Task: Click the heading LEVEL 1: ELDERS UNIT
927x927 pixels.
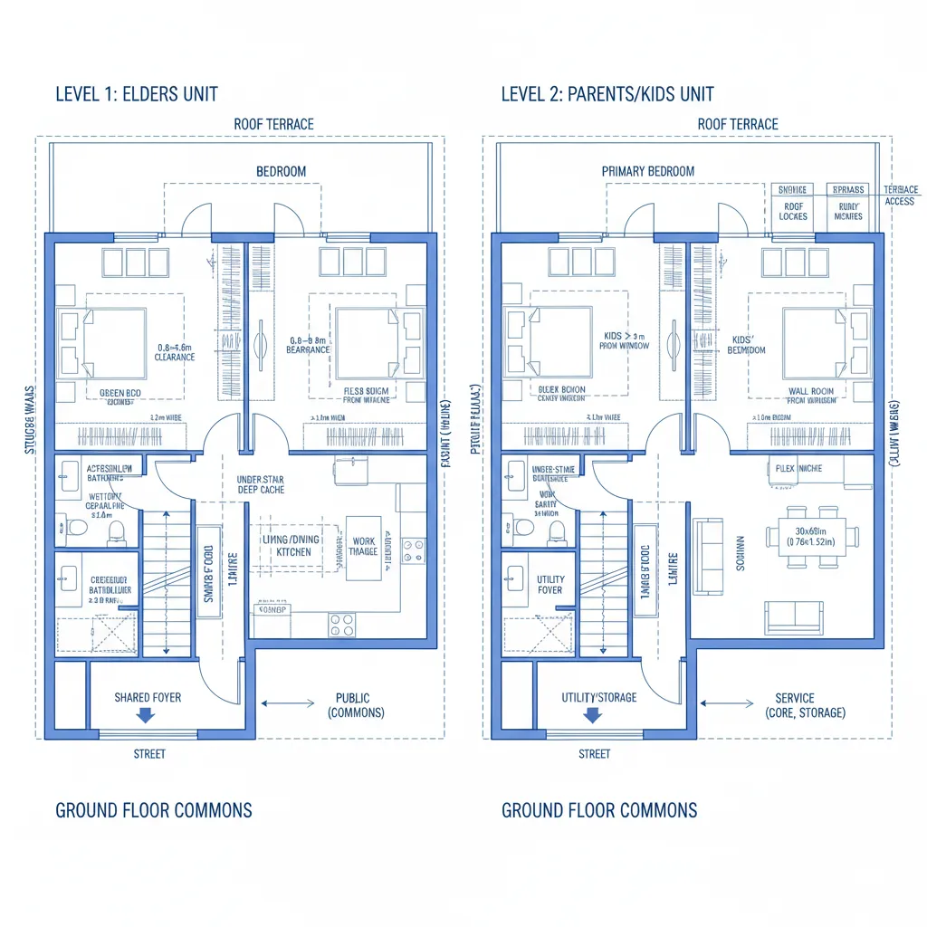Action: point(136,94)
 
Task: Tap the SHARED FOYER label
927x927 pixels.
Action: point(148,697)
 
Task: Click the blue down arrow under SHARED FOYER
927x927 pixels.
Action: point(146,715)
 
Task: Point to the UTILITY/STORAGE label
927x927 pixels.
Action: point(598,697)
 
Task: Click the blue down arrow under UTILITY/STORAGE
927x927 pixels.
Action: point(592,715)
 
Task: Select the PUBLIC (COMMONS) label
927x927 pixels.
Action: point(355,705)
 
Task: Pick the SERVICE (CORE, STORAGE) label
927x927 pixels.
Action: point(805,705)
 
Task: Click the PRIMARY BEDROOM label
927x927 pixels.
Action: point(647,171)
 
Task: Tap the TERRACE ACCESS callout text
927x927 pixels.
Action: point(900,196)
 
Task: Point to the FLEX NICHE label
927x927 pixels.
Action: point(798,470)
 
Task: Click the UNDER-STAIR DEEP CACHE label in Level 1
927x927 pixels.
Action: point(261,484)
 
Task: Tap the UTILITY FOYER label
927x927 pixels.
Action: point(550,585)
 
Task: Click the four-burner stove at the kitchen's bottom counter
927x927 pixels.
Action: point(342,623)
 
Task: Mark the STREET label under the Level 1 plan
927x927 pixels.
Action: point(149,754)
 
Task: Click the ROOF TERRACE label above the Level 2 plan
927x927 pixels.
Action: point(738,124)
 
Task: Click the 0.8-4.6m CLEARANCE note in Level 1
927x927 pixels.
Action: point(176,352)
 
